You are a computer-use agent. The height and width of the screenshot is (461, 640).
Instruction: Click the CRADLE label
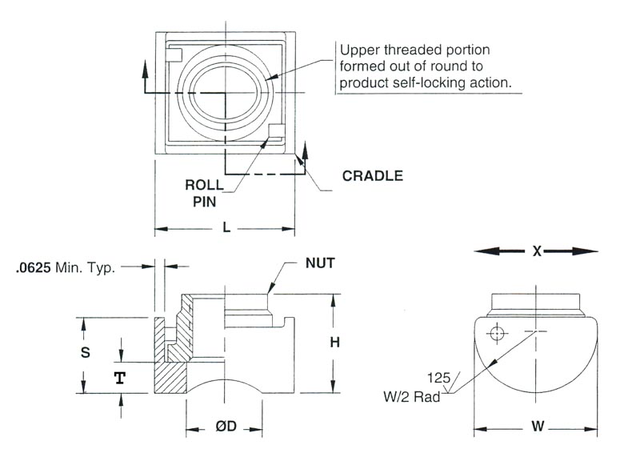click(x=372, y=176)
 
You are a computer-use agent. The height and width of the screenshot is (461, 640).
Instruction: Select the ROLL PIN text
click(x=204, y=193)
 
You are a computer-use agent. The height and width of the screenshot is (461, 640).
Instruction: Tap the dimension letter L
click(x=226, y=228)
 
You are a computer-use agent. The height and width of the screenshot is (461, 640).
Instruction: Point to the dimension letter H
click(x=335, y=343)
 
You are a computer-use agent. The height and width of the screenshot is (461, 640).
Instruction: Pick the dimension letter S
click(x=86, y=352)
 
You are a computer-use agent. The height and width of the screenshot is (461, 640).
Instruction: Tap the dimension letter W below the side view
click(x=538, y=427)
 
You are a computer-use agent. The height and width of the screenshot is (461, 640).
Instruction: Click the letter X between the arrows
click(x=538, y=251)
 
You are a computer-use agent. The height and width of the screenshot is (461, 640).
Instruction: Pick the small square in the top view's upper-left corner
click(x=177, y=54)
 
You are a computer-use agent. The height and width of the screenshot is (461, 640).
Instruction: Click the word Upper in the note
click(x=357, y=50)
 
